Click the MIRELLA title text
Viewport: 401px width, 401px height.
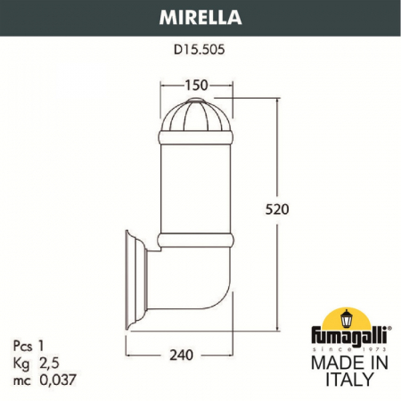click(200, 15)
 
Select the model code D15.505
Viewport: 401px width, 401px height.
click(200, 50)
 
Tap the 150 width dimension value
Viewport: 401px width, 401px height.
click(196, 85)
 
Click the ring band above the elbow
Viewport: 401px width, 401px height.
click(196, 240)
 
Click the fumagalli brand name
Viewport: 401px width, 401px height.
click(349, 337)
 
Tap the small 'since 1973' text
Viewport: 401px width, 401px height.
click(349, 348)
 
